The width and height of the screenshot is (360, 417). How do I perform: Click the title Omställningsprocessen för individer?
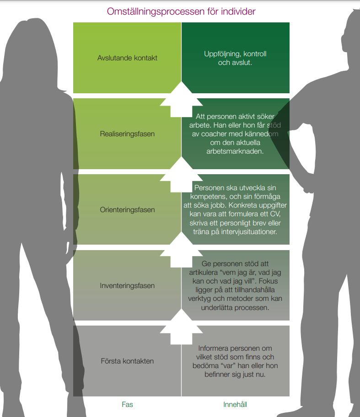[181, 11]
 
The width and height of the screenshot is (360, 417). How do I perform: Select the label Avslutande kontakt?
[127, 58]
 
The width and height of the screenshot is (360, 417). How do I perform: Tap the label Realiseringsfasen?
[127, 134]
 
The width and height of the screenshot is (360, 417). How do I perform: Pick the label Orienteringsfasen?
[127, 210]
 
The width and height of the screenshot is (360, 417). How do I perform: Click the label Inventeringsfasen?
[127, 286]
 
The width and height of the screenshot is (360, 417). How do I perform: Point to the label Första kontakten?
[127, 361]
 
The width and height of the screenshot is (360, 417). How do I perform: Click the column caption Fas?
[127, 405]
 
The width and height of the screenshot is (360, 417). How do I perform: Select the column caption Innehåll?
[235, 405]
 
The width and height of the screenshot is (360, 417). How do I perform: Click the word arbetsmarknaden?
[235, 151]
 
